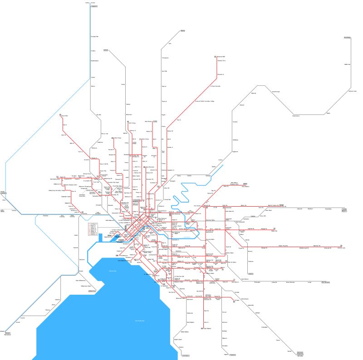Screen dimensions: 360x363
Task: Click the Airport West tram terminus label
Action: pos(65,116)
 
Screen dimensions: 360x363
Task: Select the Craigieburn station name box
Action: pos(94,7)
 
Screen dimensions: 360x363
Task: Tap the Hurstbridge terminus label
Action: pos(347,38)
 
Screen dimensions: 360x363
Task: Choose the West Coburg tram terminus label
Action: pos(117,138)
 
